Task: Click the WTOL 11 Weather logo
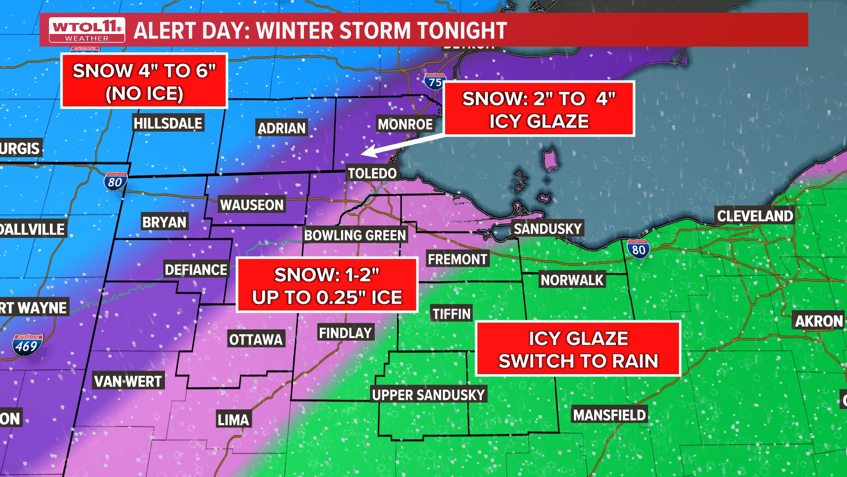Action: (87, 30)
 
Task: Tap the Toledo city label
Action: (372, 173)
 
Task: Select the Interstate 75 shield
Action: (435, 82)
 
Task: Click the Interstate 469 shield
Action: (27, 345)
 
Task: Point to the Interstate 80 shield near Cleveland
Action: (638, 250)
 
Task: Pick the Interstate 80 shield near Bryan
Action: (116, 182)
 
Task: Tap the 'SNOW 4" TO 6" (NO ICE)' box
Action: (144, 81)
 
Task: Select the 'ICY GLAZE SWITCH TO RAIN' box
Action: (578, 349)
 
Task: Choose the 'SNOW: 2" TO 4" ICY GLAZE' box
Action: (539, 109)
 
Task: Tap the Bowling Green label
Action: (355, 235)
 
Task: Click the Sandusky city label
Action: (547, 229)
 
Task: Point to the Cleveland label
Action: (755, 216)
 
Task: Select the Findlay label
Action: (345, 333)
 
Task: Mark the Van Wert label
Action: (128, 381)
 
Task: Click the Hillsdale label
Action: (168, 123)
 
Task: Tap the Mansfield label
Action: (609, 415)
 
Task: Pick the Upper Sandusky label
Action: (428, 395)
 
